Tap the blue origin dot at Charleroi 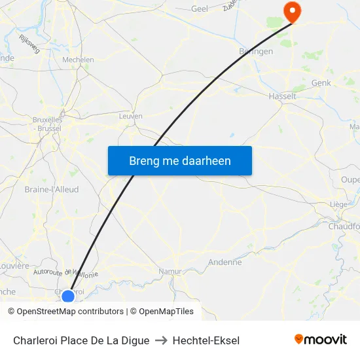68,297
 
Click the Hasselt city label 283,96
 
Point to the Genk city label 321,83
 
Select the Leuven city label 131,116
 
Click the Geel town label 200,9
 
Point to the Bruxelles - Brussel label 47,124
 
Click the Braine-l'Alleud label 52,190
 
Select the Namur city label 170,271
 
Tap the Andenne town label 225,262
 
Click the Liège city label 338,204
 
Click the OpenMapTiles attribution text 162,312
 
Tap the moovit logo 320,340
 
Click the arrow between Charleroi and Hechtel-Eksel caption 161,340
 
